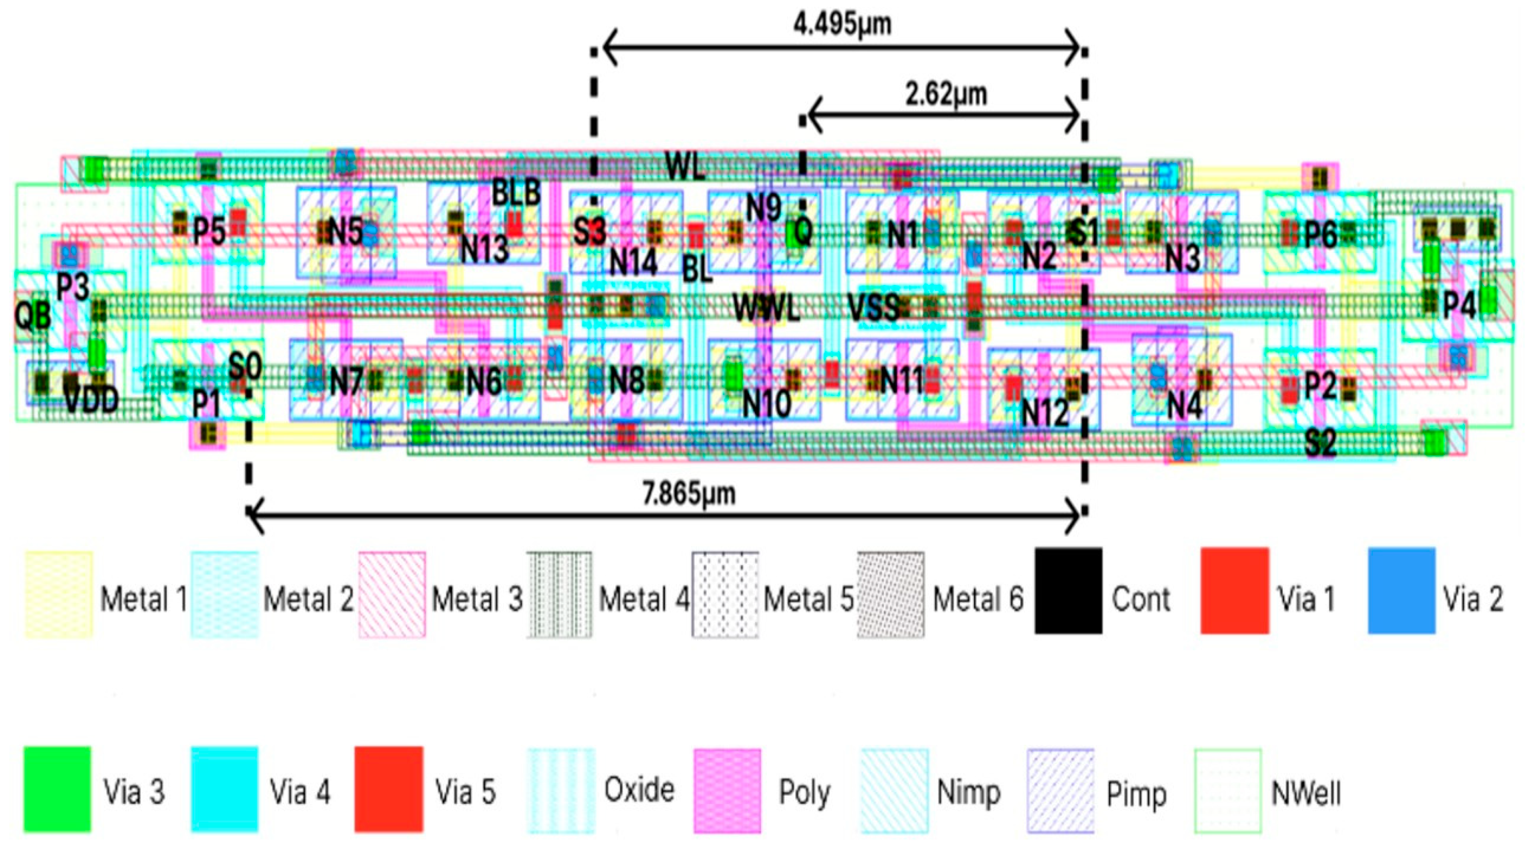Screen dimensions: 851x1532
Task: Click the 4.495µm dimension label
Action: coord(842,25)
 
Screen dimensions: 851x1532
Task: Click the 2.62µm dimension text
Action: coord(946,95)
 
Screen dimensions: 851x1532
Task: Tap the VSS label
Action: coord(872,308)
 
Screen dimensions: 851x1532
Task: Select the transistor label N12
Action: coord(1044,412)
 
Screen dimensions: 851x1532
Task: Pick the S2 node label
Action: coord(1321,443)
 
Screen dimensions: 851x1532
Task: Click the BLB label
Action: coord(516,193)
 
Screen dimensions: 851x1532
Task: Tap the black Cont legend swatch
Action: coord(1068,591)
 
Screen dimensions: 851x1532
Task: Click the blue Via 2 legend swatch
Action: coord(1401,591)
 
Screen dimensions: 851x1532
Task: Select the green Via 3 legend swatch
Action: coord(57,789)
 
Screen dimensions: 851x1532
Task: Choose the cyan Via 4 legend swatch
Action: coord(224,789)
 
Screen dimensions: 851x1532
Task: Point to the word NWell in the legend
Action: coord(1306,793)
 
